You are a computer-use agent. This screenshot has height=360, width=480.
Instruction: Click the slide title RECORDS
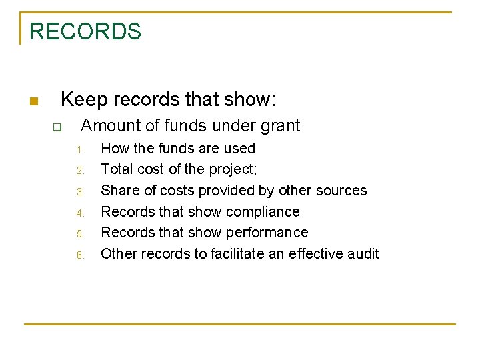(85, 31)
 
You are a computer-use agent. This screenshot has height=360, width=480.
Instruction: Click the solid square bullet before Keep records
(33, 102)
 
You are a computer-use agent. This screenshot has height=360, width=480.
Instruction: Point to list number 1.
(79, 149)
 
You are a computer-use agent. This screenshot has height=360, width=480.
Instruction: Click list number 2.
(79, 171)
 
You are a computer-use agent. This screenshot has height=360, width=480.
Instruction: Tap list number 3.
(79, 192)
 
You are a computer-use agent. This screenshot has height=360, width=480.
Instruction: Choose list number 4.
(79, 213)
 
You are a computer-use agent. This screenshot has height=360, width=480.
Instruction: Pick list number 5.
(79, 234)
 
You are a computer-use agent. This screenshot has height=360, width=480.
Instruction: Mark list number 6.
(79, 255)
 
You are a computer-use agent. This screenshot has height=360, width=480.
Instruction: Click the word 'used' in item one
(241, 148)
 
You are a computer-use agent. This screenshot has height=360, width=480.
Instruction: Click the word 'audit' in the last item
(363, 254)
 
